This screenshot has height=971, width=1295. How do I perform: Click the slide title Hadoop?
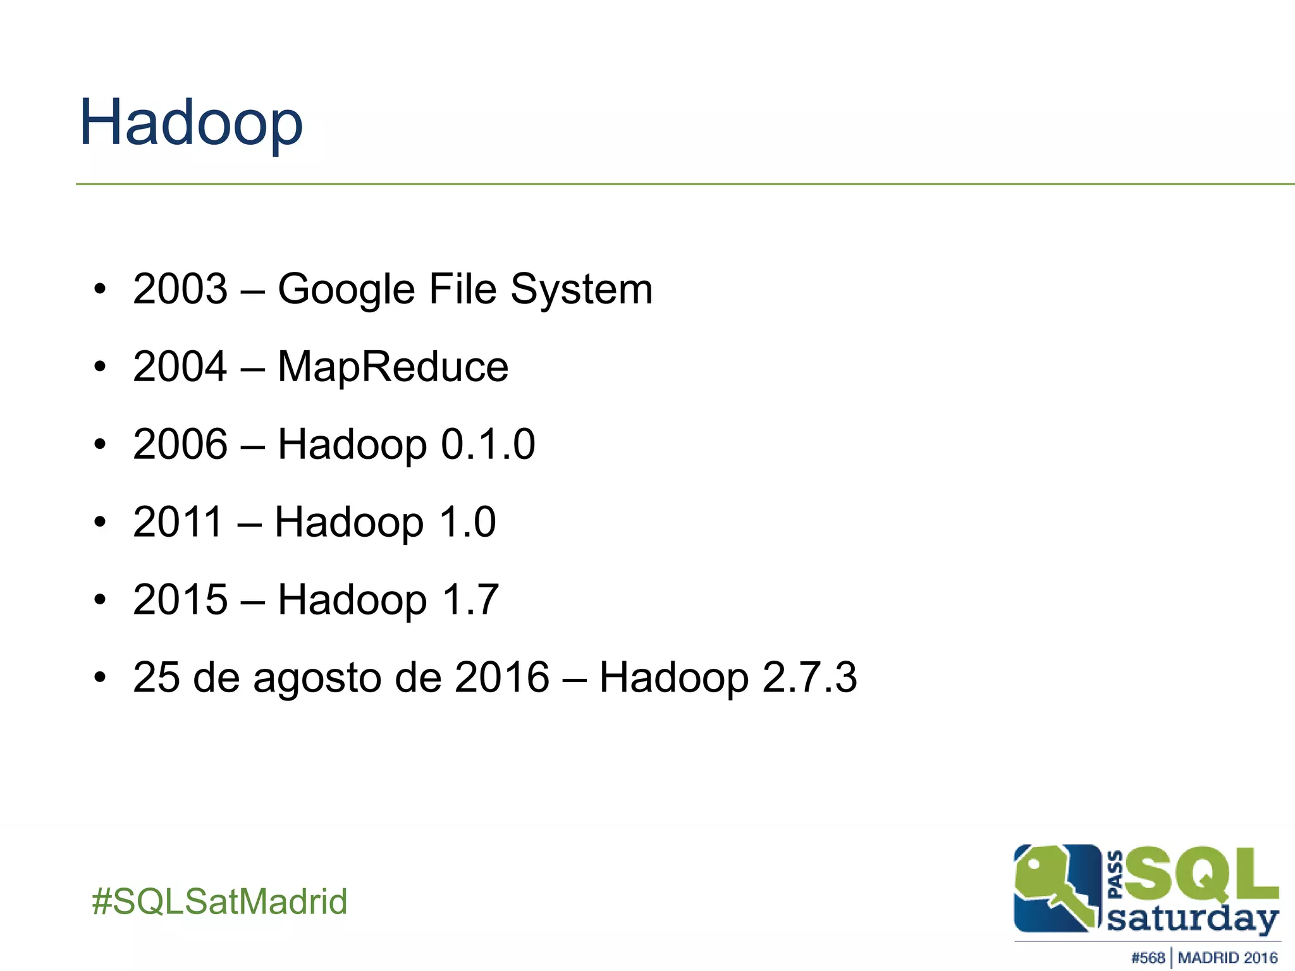tap(191, 123)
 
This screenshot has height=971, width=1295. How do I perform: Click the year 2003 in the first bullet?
tap(180, 289)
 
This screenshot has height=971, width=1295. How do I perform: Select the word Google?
tap(347, 291)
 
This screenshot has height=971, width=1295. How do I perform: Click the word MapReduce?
tap(393, 367)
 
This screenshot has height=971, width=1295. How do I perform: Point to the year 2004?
tap(180, 367)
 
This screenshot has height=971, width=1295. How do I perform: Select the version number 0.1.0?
tap(488, 444)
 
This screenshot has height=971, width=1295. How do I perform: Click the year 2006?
tap(180, 444)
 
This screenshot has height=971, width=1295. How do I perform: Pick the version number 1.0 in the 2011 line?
tap(467, 522)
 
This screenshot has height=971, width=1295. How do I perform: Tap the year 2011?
tap(178, 522)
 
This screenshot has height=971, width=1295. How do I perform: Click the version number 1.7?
tap(470, 600)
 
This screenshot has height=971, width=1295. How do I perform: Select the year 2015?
tap(180, 600)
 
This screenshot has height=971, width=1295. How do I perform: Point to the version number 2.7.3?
tap(809, 678)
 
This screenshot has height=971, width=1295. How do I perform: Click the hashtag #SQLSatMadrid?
tap(219, 901)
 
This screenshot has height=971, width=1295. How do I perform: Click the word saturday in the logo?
tap(1193, 919)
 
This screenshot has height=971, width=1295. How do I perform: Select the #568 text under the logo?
tap(1147, 958)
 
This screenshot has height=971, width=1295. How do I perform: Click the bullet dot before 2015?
tap(99, 601)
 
